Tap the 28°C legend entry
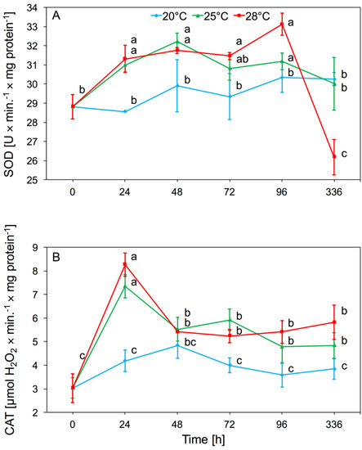pos(260,15)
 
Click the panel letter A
pos(58,16)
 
